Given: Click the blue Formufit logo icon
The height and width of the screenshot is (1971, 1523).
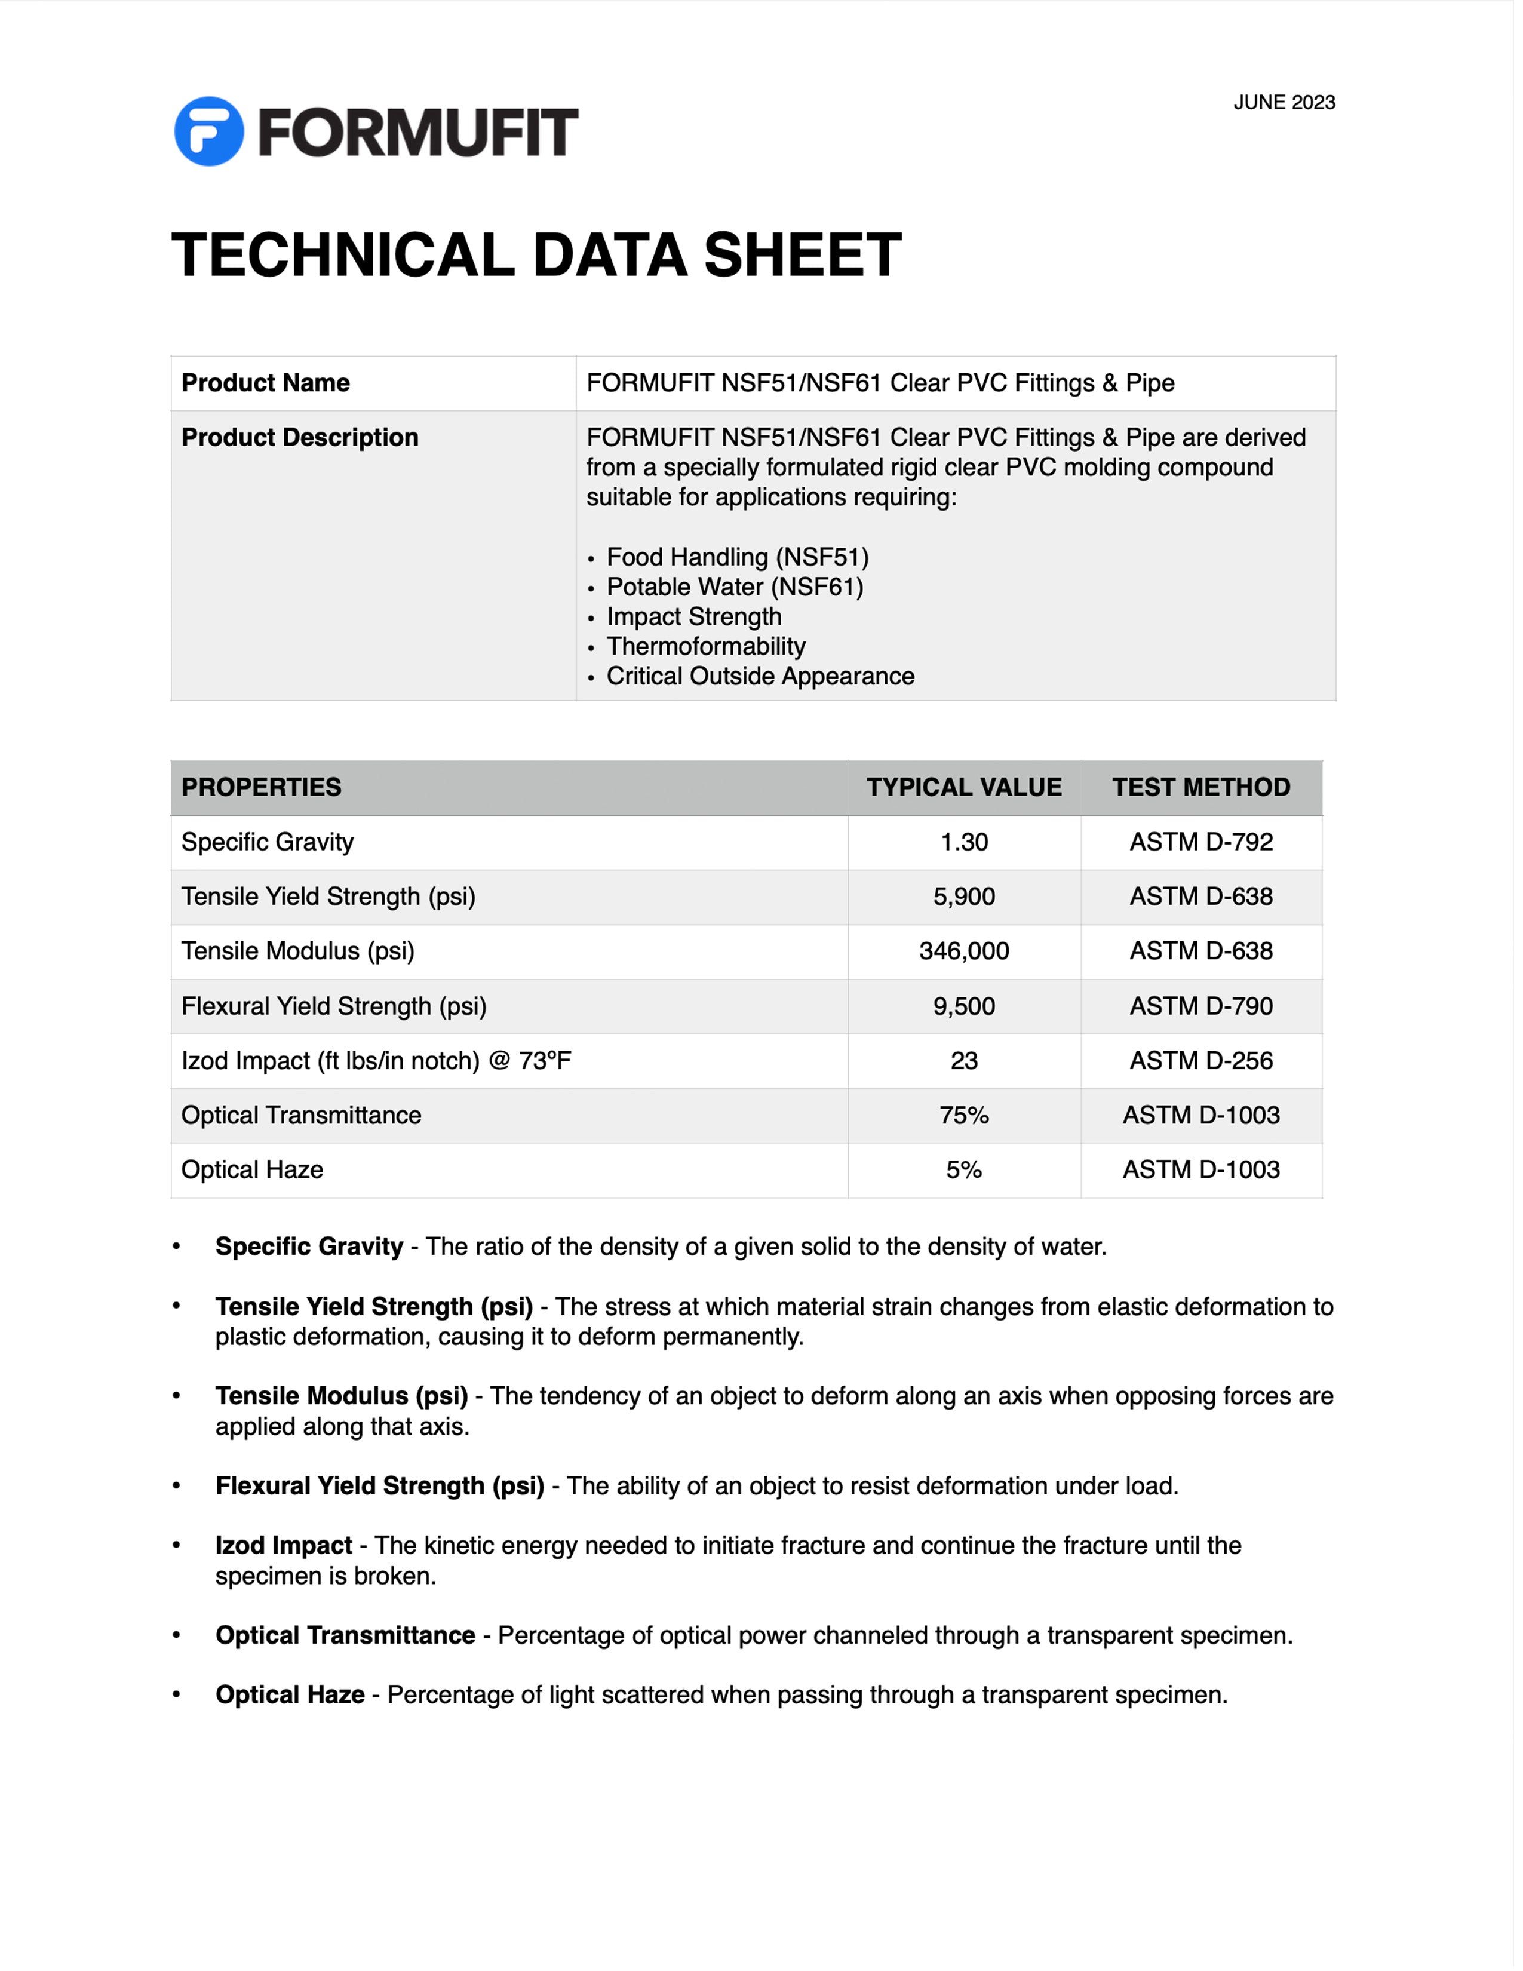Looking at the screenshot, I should (x=208, y=132).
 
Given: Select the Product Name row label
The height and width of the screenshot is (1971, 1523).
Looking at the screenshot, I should (x=265, y=383).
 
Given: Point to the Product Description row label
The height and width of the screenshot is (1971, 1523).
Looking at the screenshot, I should (x=300, y=438).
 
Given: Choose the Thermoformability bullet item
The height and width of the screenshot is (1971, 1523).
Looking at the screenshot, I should (x=705, y=646).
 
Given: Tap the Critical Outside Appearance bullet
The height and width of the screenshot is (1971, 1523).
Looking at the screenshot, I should (x=760, y=676).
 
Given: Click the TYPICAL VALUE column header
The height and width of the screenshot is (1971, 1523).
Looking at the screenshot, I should (x=963, y=787).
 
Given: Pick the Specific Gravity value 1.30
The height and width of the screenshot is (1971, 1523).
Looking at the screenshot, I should (x=963, y=842).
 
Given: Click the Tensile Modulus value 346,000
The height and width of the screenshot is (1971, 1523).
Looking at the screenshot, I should (x=963, y=951).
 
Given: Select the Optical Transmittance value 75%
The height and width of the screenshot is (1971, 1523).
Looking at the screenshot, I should (x=963, y=1116).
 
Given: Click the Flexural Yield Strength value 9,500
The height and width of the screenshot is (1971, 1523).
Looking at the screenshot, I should (x=963, y=1006).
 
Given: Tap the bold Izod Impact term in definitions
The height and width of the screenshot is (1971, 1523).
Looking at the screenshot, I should (x=283, y=1545).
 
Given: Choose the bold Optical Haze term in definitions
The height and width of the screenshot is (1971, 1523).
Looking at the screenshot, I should (x=290, y=1695).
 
